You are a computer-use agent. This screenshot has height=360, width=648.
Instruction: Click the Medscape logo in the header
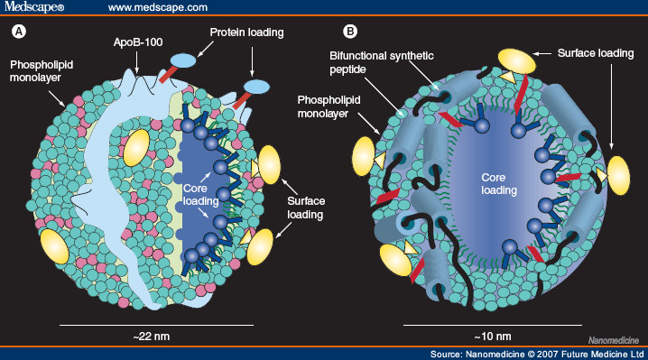click(x=32, y=8)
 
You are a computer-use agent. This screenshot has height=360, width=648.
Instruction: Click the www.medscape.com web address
click(x=155, y=8)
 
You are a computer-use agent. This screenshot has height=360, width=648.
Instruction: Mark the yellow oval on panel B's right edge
click(x=619, y=174)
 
